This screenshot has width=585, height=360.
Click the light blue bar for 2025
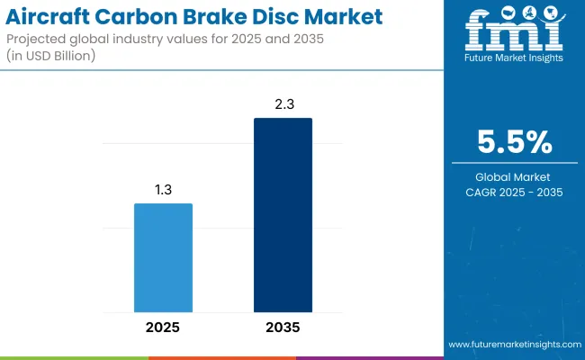pos(163,256)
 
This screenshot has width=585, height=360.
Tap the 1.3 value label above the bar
pos(163,191)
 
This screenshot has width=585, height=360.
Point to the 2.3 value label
pos(283,105)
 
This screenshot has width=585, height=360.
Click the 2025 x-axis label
pos(163,327)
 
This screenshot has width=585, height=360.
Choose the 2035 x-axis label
pos(283,327)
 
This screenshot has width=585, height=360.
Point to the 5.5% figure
pos(515,143)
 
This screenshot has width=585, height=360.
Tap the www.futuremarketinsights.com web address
pos(513,345)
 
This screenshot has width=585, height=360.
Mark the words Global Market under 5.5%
pos(515,176)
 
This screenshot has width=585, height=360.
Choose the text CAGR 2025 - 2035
pos(515,192)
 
